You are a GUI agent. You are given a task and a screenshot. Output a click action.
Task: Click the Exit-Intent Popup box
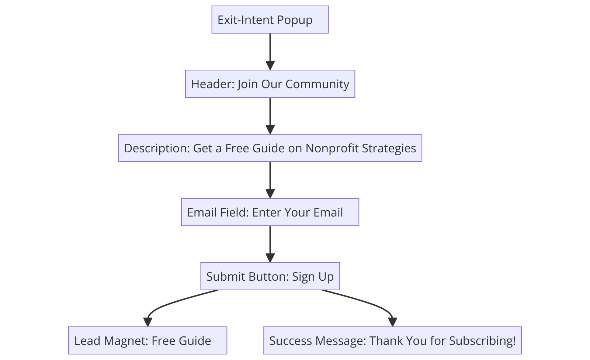pos(270,20)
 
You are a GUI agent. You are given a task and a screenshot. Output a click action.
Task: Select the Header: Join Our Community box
pos(270,84)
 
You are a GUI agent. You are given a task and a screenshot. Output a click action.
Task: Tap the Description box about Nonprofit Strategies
pos(270,148)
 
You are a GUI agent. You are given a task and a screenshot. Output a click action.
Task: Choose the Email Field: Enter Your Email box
pos(270,212)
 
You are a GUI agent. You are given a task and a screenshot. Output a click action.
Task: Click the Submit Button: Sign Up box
pos(270,276)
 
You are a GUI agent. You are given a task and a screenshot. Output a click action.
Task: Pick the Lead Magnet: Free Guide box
pos(147,340)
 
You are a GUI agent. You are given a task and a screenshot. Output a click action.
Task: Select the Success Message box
pos(392,340)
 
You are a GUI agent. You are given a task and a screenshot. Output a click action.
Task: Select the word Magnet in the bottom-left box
pos(121,340)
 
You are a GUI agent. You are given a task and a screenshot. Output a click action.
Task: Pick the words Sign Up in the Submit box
pos(313,277)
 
